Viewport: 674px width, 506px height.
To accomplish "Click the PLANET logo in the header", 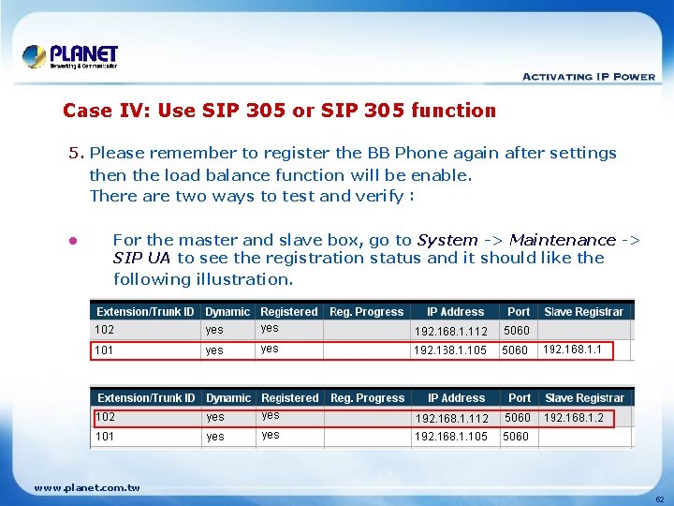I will pyautogui.click(x=70, y=56).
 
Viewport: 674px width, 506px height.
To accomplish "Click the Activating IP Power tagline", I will pyautogui.click(x=588, y=77).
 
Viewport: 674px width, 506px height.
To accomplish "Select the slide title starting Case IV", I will pyautogui.click(x=279, y=111).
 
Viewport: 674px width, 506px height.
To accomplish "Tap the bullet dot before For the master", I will pyautogui.click(x=72, y=241).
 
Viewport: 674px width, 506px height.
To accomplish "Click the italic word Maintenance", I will pyautogui.click(x=563, y=240).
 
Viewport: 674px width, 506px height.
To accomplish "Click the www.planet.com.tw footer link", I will pyautogui.click(x=86, y=487).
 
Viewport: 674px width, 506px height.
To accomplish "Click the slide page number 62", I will pyautogui.click(x=659, y=499).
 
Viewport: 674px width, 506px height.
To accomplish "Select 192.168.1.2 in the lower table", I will pyautogui.click(x=573, y=418).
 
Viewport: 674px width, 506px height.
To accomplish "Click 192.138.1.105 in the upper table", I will pyautogui.click(x=450, y=350).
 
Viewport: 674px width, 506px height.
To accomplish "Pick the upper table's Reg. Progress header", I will pyautogui.click(x=367, y=312).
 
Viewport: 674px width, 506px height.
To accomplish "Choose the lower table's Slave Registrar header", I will pyautogui.click(x=584, y=398).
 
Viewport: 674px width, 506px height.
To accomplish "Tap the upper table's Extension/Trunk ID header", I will pyautogui.click(x=145, y=312).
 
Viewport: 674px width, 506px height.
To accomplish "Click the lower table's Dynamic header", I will pyautogui.click(x=228, y=398).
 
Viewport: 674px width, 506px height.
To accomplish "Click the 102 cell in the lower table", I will pyautogui.click(x=105, y=417).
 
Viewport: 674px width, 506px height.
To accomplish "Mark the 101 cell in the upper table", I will pyautogui.click(x=104, y=350).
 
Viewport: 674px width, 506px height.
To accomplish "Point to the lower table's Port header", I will pyautogui.click(x=520, y=398).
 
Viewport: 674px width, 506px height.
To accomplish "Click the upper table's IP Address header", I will pyautogui.click(x=455, y=312).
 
